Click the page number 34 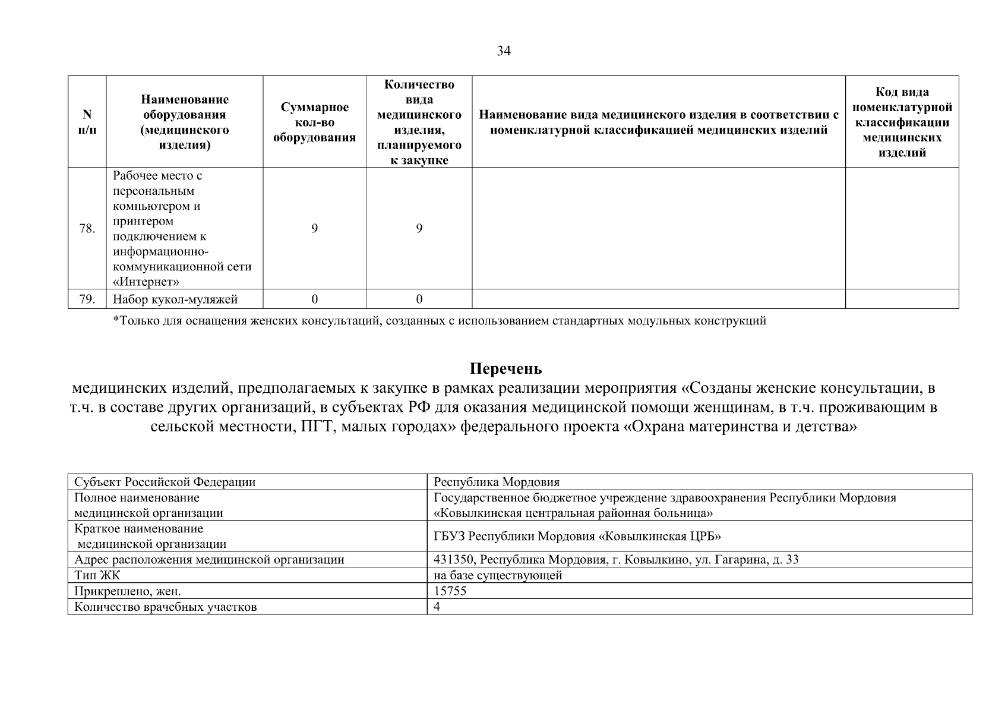point(503,51)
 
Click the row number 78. point(87,229)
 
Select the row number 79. point(87,299)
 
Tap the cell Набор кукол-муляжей point(175,299)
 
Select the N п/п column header point(87,121)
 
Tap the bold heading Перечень point(505,369)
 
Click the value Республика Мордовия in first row point(497,482)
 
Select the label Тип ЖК point(97,575)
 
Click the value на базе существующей point(498,575)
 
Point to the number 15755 point(450,591)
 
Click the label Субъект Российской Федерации point(165,482)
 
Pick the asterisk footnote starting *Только point(439,321)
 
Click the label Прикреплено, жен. point(128,591)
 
